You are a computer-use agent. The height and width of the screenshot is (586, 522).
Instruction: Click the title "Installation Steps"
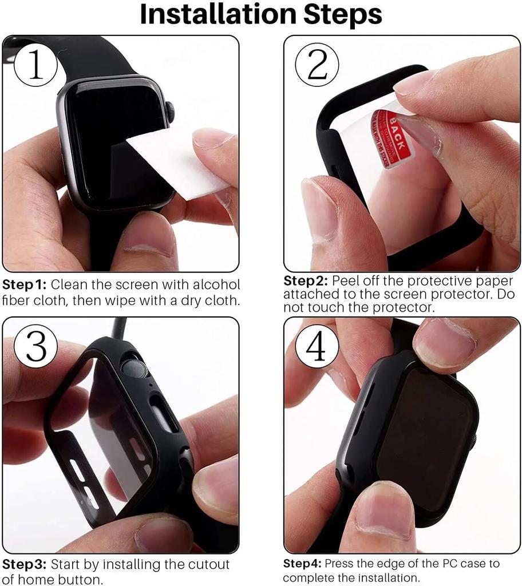point(261,15)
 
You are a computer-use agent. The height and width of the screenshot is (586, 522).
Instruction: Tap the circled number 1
point(35,65)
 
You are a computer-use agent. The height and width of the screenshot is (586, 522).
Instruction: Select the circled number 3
point(35,347)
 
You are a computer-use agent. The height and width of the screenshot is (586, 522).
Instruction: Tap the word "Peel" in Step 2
point(346,281)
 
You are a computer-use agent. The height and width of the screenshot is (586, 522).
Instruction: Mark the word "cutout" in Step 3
point(209,565)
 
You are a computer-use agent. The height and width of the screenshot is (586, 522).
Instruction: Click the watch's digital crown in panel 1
point(170,111)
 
